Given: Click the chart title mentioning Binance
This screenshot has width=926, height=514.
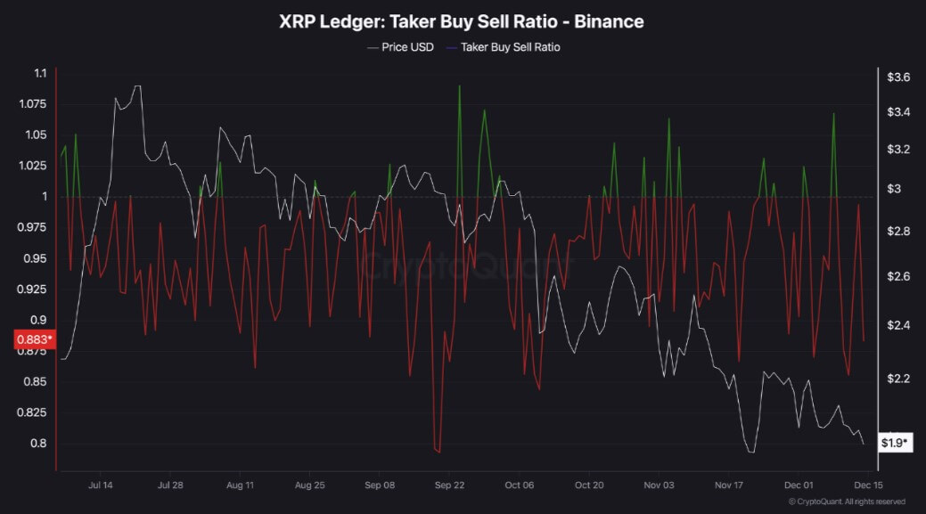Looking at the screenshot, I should [x=462, y=20].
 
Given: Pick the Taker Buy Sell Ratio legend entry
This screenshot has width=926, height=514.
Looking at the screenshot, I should [x=510, y=47].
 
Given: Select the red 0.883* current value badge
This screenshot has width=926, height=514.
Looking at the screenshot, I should [x=34, y=339].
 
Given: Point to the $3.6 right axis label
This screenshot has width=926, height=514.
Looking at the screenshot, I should [x=897, y=78].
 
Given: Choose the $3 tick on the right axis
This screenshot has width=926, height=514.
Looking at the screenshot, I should [x=894, y=189].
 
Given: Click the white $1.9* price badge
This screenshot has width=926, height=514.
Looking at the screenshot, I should [x=895, y=442].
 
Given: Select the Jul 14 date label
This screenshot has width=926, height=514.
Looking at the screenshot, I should [x=100, y=485].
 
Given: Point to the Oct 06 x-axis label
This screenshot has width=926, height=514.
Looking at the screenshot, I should [x=519, y=485].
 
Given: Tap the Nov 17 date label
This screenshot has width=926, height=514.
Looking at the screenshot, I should [x=728, y=485].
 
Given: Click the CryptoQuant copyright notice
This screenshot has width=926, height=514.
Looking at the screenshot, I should [x=847, y=502].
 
